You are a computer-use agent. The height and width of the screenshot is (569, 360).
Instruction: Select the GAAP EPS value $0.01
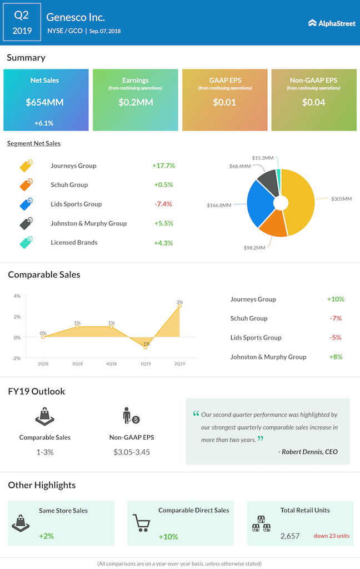click(x=224, y=102)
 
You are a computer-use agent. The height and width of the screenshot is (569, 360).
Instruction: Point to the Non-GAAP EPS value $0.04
click(x=313, y=102)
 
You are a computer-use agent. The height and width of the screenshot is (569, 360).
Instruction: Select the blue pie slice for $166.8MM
click(x=259, y=203)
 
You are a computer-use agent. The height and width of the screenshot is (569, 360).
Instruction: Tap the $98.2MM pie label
click(x=254, y=248)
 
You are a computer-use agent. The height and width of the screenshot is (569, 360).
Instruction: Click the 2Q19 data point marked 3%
click(x=179, y=306)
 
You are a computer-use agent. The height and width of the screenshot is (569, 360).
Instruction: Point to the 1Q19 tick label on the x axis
click(x=146, y=363)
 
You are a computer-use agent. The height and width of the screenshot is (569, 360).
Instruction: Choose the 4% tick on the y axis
click(x=17, y=296)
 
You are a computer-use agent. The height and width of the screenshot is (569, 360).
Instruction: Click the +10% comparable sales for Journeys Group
click(x=336, y=299)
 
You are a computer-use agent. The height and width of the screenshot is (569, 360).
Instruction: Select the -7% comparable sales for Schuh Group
click(x=336, y=318)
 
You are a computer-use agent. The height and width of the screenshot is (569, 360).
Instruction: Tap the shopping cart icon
click(x=142, y=523)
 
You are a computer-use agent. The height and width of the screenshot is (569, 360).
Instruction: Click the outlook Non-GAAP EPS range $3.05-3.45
click(x=132, y=452)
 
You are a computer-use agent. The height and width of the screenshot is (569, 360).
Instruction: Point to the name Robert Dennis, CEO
click(x=308, y=452)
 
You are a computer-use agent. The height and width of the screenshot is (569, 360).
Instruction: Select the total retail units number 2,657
click(x=290, y=536)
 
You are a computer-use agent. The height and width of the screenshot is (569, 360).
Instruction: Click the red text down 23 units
click(x=331, y=536)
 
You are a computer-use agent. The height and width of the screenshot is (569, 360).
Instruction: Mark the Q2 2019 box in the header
click(x=22, y=23)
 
